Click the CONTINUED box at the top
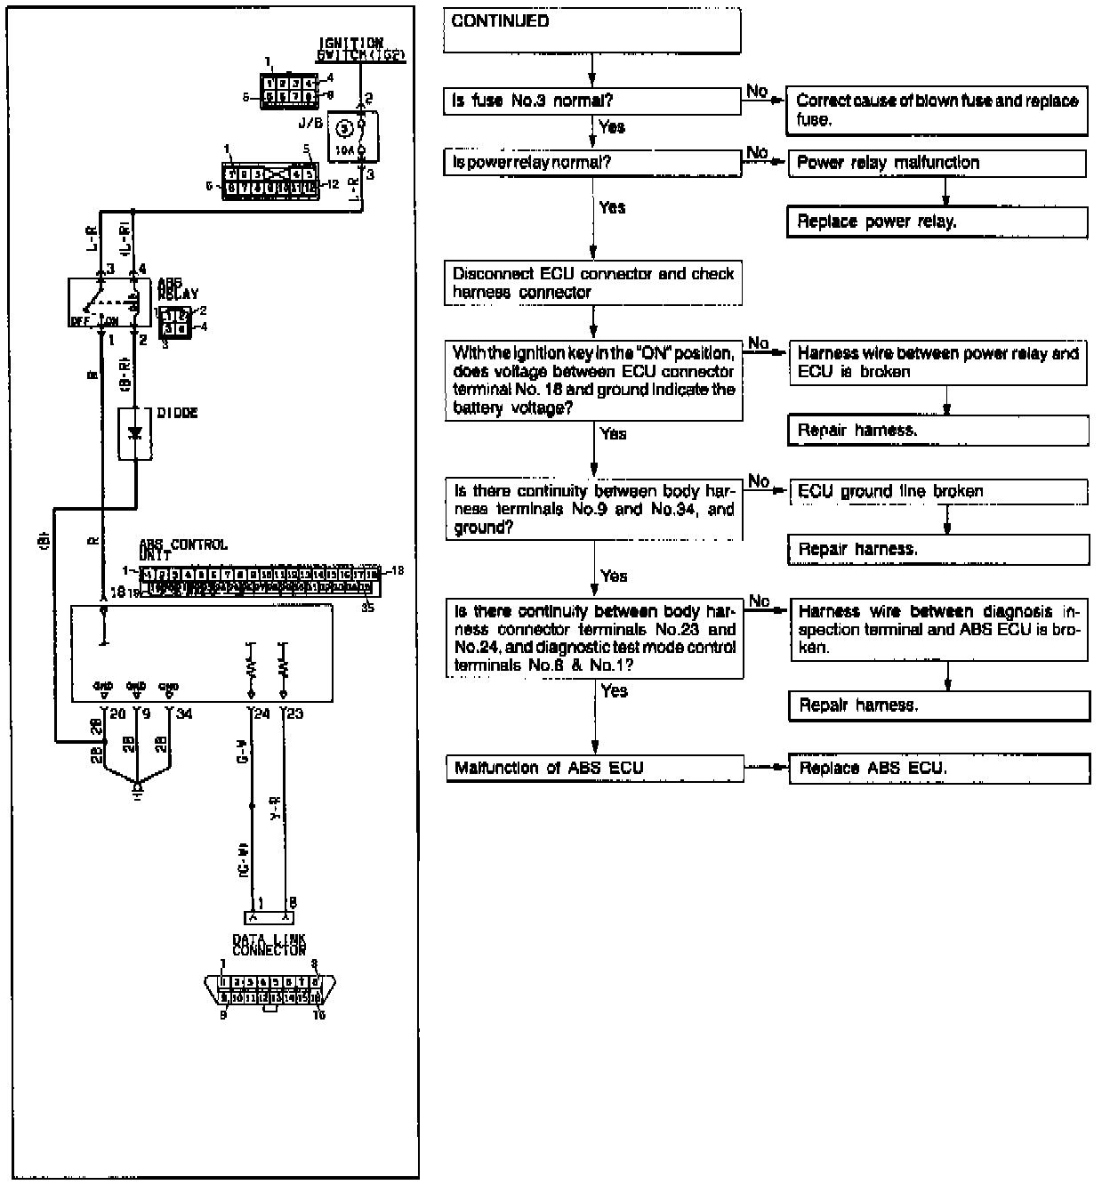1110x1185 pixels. [591, 29]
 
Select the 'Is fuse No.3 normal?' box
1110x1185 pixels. [591, 101]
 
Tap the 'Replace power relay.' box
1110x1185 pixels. [937, 222]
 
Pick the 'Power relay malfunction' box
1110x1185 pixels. [937, 163]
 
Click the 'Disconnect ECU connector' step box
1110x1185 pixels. [592, 283]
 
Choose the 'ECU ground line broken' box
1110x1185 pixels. [938, 491]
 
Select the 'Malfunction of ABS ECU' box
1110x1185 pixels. [593, 768]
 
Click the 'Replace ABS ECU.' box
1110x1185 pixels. [939, 769]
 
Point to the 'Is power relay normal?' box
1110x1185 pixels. [591, 163]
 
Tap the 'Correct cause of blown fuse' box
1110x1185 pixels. [937, 110]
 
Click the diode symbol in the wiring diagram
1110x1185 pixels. [135, 434]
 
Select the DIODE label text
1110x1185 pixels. [177, 414]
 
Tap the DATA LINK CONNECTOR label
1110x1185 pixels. [269, 945]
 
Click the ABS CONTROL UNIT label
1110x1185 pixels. [182, 549]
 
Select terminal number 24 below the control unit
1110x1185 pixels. [261, 713]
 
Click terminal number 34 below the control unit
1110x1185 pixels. [184, 713]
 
